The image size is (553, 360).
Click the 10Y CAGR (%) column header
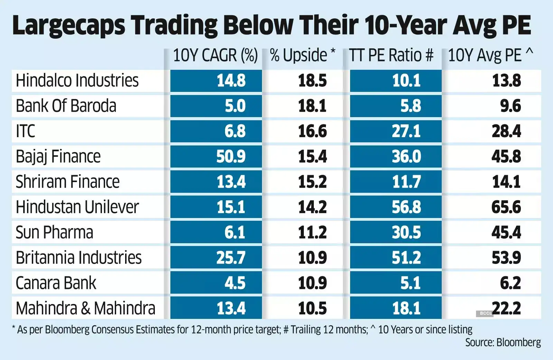215,56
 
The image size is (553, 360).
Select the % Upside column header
302,56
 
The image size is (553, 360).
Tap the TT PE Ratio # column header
391,56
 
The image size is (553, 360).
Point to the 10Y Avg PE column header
490,56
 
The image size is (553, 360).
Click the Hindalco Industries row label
77,80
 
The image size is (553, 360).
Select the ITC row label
26,131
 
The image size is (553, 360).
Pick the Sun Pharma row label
54,232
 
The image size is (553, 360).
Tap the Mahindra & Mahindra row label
85,308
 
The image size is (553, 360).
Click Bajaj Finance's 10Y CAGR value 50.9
231,157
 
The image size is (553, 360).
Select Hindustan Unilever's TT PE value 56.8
406,207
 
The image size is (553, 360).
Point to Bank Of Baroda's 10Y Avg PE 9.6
510,106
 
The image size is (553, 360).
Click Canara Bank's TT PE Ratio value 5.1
410,283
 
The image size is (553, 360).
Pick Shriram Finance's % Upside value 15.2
312,182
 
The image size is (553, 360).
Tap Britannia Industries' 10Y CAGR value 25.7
231,258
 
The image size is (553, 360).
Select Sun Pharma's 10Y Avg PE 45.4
506,233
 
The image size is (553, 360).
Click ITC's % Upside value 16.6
312,131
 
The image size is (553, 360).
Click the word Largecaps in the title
68,26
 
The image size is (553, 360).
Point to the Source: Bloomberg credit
503,342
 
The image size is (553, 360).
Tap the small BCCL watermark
485,313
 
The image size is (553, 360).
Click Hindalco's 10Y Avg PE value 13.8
506,81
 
